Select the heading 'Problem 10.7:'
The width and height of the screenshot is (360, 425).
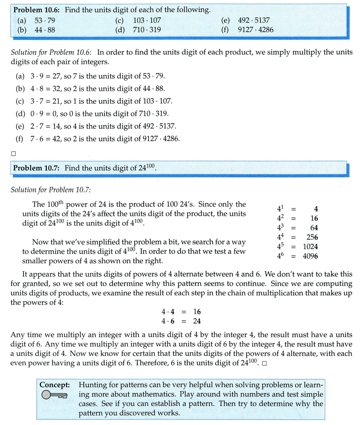coord(36,168)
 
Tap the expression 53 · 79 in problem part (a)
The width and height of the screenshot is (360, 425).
coord(45,20)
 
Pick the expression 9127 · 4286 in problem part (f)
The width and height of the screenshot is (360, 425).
coord(255,30)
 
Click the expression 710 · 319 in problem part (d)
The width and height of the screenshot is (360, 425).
coord(147,30)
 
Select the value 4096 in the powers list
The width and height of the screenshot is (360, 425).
coord(310,257)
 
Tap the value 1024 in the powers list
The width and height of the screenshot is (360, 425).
coord(310,247)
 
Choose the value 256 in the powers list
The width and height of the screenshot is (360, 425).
coord(312,237)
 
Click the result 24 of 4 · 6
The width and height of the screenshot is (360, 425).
coord(197,321)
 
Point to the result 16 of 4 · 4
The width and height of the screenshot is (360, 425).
coord(197,312)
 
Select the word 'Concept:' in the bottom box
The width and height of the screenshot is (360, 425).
coord(55,385)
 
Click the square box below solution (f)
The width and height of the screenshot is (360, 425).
coord(13,153)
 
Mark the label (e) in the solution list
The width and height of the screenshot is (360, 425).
coord(20,126)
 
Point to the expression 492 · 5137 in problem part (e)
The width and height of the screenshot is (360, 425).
coord(254,20)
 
